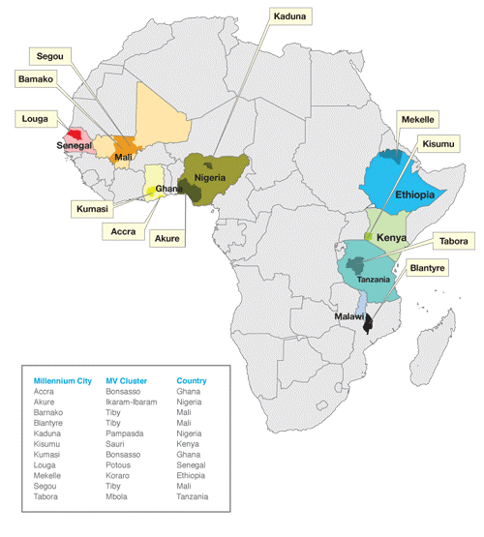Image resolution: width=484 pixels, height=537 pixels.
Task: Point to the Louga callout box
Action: [x=35, y=119]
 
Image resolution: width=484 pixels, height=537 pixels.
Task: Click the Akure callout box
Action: [x=168, y=235]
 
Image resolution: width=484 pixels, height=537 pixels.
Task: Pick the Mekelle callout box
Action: [x=418, y=119]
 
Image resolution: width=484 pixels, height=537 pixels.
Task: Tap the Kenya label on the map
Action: [x=390, y=236]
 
